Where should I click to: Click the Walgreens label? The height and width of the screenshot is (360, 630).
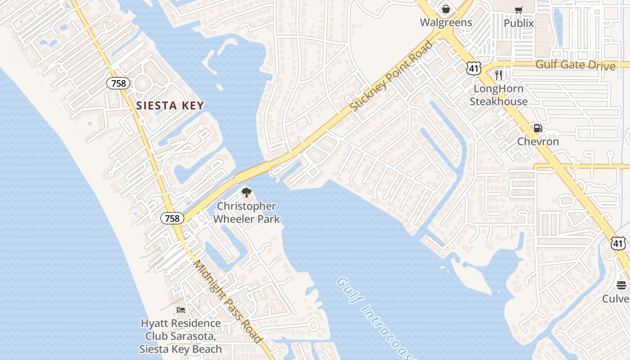(x=446, y=22)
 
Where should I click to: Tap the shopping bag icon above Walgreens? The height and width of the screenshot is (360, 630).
(x=446, y=9)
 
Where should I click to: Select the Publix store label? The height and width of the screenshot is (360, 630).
(x=519, y=23)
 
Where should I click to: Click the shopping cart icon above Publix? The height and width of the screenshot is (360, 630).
(x=519, y=10)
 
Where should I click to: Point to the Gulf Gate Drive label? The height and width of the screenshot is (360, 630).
(x=575, y=65)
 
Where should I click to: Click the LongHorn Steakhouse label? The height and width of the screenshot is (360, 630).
(x=499, y=95)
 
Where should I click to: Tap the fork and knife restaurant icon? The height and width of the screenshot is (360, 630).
(x=499, y=75)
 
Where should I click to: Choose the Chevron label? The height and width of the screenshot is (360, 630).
(x=538, y=141)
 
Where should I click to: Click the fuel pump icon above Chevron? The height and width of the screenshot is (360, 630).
(x=538, y=128)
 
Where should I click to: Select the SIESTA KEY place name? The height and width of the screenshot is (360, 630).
(x=170, y=106)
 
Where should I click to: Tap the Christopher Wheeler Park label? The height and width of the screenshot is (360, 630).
(x=246, y=212)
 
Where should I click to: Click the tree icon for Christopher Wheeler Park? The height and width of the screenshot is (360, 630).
(x=246, y=193)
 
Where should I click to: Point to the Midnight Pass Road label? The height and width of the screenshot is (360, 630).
(x=228, y=301)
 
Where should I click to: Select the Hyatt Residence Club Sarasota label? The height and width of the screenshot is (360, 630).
(x=180, y=336)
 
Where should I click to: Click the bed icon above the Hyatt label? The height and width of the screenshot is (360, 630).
(x=181, y=310)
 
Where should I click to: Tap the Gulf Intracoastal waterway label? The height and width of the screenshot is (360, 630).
(x=374, y=318)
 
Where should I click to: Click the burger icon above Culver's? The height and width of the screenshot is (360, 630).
(x=621, y=285)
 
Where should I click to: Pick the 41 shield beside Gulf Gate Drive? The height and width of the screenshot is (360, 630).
(x=474, y=68)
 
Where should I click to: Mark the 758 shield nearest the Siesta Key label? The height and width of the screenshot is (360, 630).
(x=118, y=83)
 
